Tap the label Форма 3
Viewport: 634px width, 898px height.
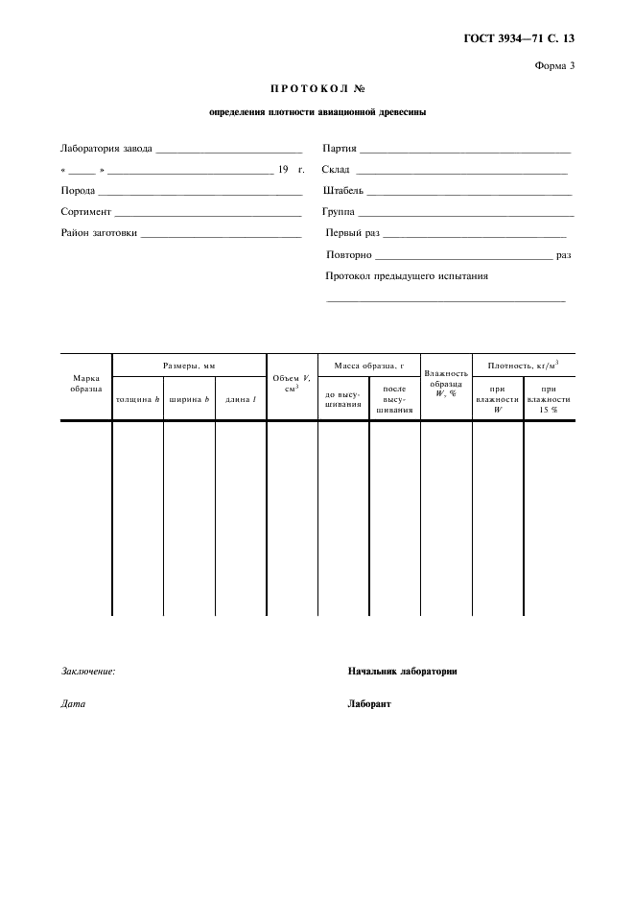coord(553,65)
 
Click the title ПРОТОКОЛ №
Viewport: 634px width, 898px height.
coord(317,89)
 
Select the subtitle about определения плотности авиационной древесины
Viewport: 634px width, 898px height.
coord(317,111)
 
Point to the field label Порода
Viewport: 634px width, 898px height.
coord(78,191)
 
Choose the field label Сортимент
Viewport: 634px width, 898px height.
coord(86,211)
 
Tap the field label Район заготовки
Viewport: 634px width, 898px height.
coord(99,232)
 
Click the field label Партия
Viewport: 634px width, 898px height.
coord(340,149)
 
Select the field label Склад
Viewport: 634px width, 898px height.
coord(337,170)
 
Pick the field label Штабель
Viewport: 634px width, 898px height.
coord(343,191)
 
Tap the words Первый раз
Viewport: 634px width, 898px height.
coord(353,232)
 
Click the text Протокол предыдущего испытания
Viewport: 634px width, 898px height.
coord(407,275)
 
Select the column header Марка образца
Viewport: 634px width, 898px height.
coord(86,384)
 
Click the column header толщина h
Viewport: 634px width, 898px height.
coord(137,398)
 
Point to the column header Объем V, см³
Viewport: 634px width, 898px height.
coord(292,383)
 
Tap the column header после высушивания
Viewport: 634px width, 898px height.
coord(394,399)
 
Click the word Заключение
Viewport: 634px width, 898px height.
coord(87,672)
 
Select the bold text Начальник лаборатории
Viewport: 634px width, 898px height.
coord(402,672)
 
